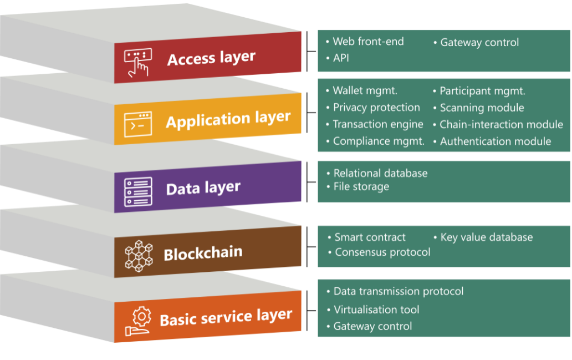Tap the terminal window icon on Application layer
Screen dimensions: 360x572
point(137,124)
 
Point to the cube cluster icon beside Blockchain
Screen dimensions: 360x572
point(138,256)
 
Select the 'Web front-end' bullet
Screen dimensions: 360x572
point(368,42)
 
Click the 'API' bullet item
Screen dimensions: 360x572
point(341,58)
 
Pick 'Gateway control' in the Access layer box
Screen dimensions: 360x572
point(479,42)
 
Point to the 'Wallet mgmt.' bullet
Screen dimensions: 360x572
point(365,91)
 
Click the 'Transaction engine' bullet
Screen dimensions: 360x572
point(377,124)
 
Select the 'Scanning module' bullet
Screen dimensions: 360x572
point(482,108)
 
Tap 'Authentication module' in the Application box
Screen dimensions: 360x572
point(496,141)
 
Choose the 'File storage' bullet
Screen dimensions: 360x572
point(361,187)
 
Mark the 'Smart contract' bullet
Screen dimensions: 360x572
point(370,237)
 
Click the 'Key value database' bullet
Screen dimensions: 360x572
point(486,237)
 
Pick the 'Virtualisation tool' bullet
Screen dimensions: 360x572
point(376,310)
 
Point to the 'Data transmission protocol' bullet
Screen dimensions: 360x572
point(398,291)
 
